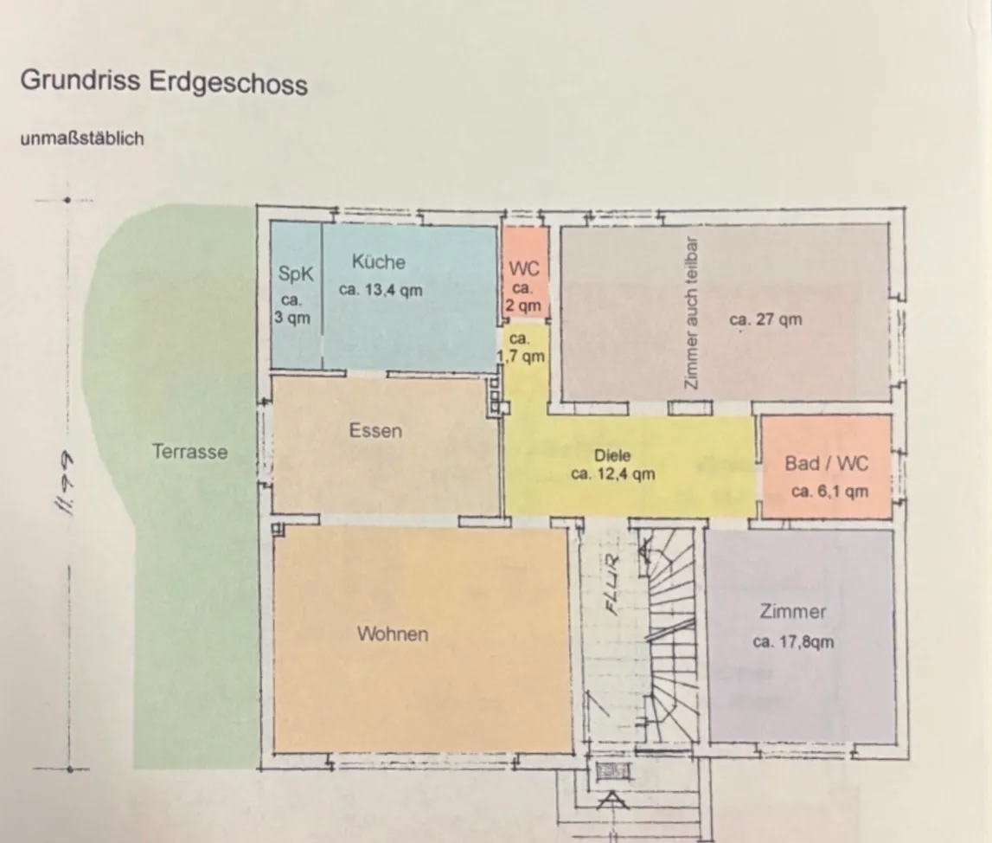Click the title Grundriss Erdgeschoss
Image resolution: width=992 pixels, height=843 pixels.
point(163,82)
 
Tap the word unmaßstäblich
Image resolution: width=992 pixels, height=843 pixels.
point(82,138)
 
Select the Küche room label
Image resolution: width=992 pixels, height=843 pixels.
point(378,261)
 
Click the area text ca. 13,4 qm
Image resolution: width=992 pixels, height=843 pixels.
point(381,290)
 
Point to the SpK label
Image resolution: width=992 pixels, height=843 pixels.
point(296,274)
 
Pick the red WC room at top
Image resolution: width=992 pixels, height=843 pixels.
point(524,272)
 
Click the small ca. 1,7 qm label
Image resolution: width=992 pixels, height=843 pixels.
point(520,348)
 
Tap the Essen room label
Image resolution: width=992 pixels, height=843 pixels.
point(376,431)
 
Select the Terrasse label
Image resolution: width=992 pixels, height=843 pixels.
point(189,451)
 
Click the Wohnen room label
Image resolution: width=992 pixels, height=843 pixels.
point(393,634)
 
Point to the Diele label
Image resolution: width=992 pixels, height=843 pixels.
point(612,455)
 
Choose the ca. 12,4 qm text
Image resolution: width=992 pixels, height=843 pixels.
point(613,474)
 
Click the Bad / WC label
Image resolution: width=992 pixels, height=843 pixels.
point(827,463)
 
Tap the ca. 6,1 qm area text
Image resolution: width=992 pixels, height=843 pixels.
point(829,492)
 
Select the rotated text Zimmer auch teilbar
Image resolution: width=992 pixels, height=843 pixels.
point(692,313)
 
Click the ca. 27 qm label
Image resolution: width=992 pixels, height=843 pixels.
point(765,319)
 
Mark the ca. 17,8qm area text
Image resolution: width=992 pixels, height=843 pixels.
point(793,641)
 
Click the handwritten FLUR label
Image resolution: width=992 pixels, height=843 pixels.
point(612,585)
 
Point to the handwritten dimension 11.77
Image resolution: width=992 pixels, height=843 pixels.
point(65,483)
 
